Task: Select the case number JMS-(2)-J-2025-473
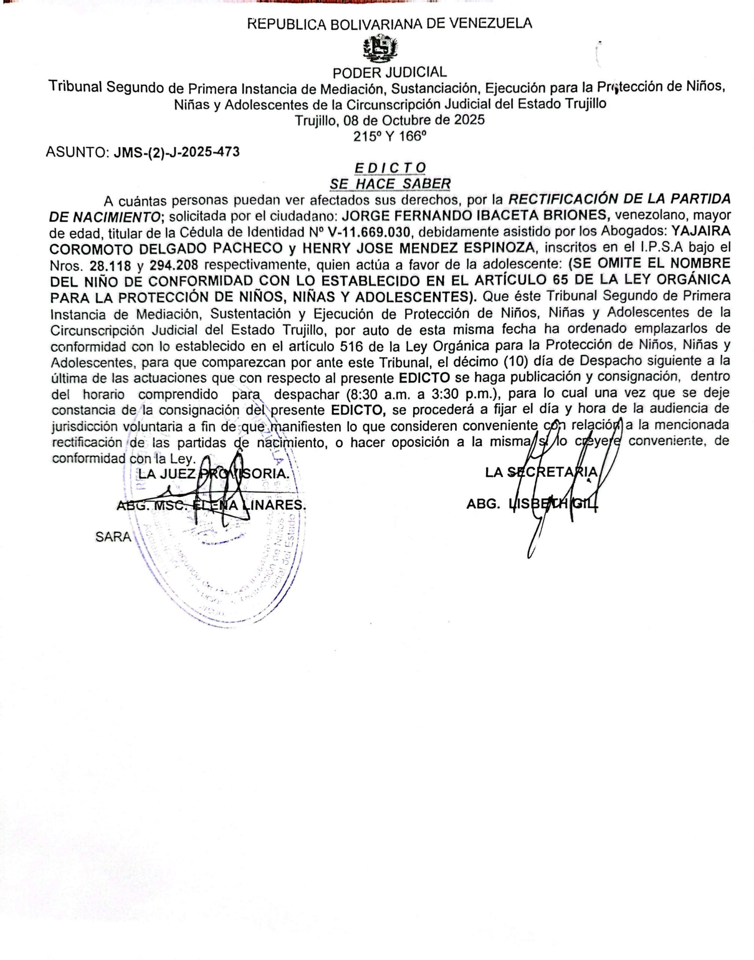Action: click(177, 152)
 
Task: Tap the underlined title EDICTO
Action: click(390, 168)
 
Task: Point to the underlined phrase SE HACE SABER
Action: click(390, 183)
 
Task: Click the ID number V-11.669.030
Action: click(369, 231)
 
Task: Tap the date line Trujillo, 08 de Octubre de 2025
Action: click(390, 120)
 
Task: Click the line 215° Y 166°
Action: click(390, 136)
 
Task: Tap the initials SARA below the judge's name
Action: click(113, 537)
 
